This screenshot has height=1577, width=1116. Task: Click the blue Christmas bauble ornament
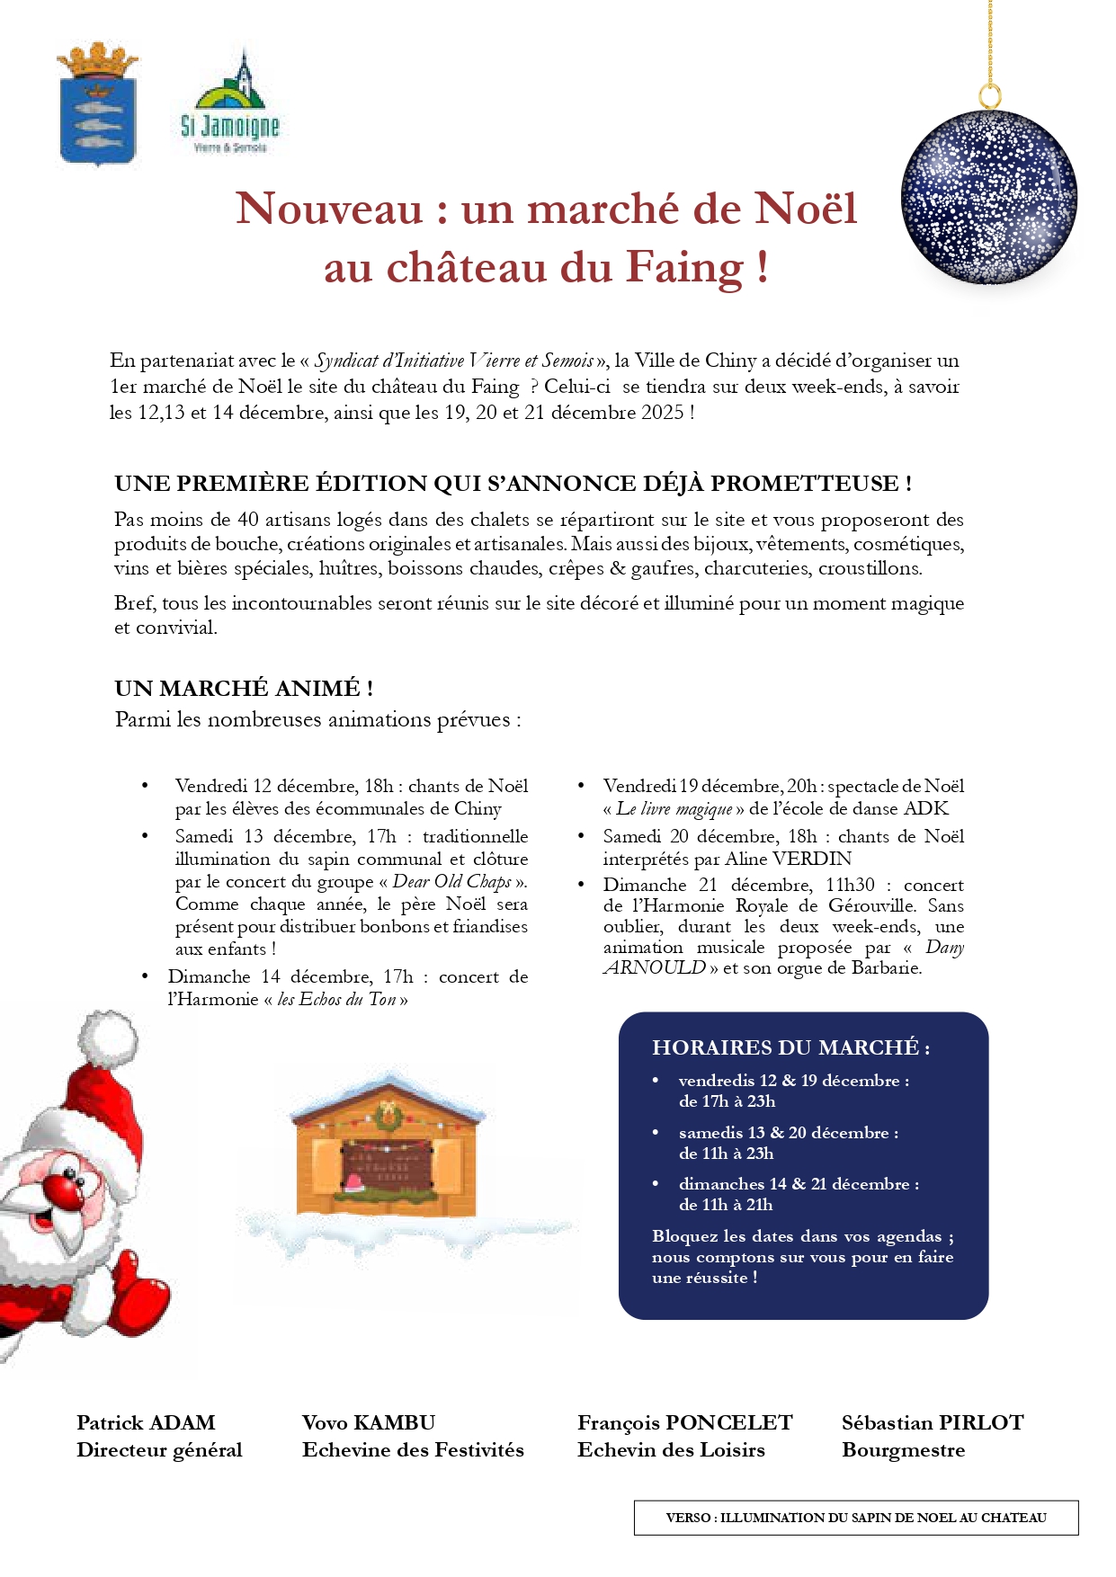(x=989, y=198)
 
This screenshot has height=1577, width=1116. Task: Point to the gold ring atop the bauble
(x=989, y=95)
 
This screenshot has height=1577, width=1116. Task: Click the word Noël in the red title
(x=805, y=209)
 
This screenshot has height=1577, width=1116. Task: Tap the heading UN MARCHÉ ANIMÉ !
(x=244, y=689)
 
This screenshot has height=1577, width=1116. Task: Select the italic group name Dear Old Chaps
(x=451, y=881)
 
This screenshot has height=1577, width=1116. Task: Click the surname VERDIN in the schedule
(x=811, y=859)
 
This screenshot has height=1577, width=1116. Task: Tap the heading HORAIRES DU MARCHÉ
(x=790, y=1047)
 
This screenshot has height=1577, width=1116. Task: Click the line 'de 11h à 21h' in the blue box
(x=726, y=1205)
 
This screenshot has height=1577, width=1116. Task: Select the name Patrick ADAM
(x=146, y=1423)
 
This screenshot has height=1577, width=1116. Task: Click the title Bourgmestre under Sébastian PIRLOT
(x=903, y=1450)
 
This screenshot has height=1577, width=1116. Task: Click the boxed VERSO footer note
(x=855, y=1518)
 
